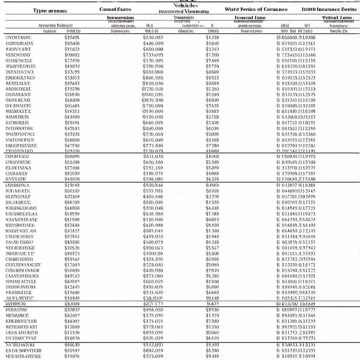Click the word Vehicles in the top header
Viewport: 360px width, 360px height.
186,5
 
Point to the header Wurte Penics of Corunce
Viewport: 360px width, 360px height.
256,9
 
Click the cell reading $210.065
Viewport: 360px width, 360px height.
153,38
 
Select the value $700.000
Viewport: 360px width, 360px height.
153,105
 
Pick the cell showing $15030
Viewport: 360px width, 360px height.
72,94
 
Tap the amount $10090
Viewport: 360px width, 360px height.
72,156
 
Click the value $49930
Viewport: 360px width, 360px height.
72,179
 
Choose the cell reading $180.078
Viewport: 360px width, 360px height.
153,173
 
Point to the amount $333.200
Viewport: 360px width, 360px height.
153,259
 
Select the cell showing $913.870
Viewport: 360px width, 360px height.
153,292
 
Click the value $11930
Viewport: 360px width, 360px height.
72,333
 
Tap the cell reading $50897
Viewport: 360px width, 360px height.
72,351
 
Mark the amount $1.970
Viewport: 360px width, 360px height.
212,316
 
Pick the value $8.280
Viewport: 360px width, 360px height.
212,351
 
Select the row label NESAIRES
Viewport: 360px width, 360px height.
19,316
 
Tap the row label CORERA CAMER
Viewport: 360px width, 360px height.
22,271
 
